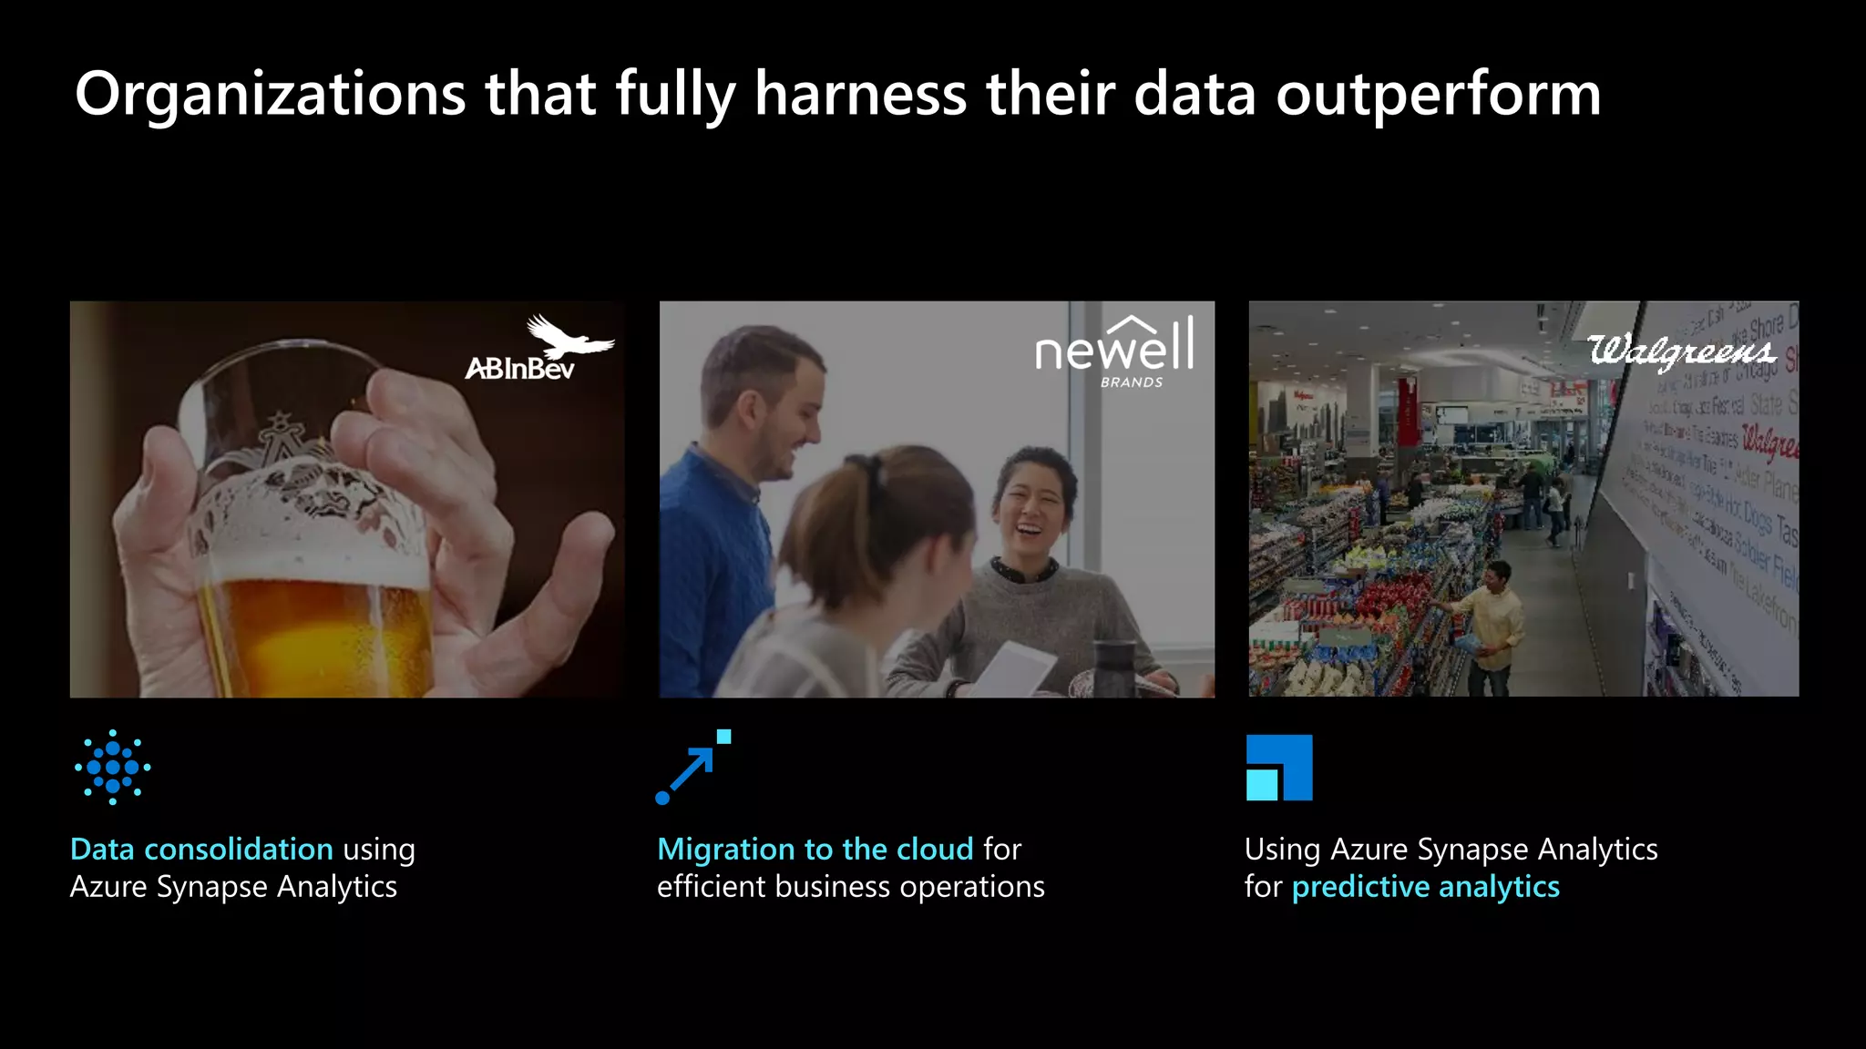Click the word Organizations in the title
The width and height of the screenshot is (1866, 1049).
[x=271, y=95]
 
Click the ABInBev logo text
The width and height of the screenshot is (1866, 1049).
[x=519, y=369]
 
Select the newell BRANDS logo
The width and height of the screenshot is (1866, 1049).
[x=1114, y=351]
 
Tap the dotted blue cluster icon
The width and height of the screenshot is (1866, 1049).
[x=113, y=767]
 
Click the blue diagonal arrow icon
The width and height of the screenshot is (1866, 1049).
[x=692, y=768]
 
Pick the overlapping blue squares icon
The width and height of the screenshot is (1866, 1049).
[x=1279, y=768]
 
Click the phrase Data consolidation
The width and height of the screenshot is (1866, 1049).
[x=201, y=849]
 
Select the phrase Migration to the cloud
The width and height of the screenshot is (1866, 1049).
[x=815, y=849]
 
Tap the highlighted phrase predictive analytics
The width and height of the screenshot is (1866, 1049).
[x=1425, y=886]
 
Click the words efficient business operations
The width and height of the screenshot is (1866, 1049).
[x=850, y=886]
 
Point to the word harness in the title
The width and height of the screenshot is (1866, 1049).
[x=861, y=95]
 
